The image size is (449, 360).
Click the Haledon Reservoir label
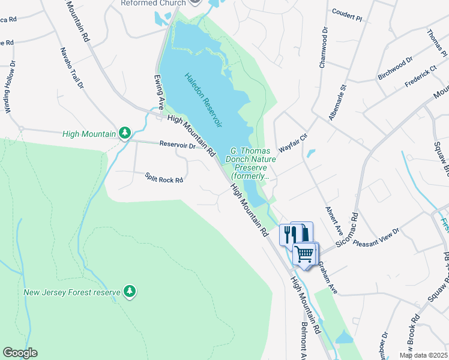(x=203, y=100)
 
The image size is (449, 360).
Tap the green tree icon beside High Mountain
(x=125, y=132)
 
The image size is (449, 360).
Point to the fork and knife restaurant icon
(x=288, y=233)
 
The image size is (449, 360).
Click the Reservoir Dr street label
(x=178, y=145)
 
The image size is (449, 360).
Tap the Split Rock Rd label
(x=164, y=178)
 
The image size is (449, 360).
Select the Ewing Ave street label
(x=158, y=91)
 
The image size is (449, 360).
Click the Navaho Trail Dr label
(x=71, y=68)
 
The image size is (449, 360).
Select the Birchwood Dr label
(x=395, y=69)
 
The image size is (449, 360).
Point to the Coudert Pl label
(x=347, y=12)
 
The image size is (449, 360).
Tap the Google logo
(x=20, y=353)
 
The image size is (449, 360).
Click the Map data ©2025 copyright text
(x=423, y=355)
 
